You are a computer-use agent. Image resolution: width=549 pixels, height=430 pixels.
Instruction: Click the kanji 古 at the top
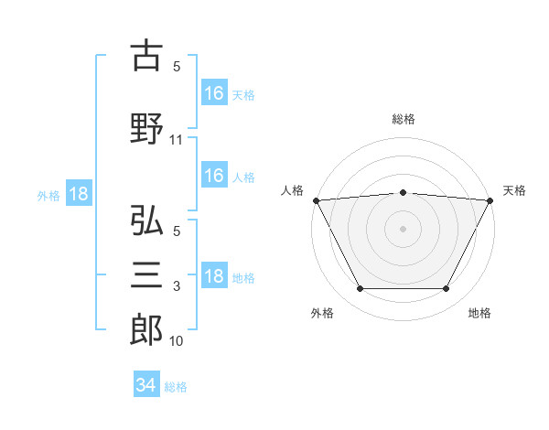click(146, 55)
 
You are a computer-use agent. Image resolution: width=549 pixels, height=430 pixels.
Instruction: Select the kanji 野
click(146, 128)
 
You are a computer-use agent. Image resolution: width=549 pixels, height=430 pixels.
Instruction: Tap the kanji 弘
click(146, 220)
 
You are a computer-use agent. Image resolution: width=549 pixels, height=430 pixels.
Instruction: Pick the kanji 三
click(146, 274)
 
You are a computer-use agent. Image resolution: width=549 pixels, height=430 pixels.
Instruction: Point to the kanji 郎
click(146, 330)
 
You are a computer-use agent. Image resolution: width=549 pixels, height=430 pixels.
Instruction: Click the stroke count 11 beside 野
click(176, 140)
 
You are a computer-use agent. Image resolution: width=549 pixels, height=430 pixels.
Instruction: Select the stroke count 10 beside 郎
click(176, 341)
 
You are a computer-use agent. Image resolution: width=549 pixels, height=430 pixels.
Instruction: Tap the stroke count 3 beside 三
click(177, 286)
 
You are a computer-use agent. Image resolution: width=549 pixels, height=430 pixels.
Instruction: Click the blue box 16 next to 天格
click(214, 92)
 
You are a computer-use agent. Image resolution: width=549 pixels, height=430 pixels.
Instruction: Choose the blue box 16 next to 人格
click(214, 175)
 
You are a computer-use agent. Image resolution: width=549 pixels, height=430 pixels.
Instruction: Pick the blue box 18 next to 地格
click(214, 274)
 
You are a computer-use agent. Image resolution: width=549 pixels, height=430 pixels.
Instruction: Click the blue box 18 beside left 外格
click(79, 193)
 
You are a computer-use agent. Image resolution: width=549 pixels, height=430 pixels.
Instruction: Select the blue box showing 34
click(146, 383)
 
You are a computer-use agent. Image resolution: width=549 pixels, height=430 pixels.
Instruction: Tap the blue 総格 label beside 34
click(176, 387)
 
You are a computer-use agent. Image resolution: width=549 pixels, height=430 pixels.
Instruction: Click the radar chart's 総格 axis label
click(404, 119)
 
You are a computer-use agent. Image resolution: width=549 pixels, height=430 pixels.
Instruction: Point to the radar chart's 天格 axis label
click(514, 190)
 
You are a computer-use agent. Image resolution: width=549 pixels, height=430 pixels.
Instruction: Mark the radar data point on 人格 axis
click(317, 200)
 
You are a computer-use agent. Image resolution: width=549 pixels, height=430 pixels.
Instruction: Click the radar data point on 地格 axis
click(446, 288)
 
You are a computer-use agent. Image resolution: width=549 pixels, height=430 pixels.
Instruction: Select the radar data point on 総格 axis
click(403, 193)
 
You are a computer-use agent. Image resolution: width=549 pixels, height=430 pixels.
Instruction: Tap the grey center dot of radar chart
click(403, 229)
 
